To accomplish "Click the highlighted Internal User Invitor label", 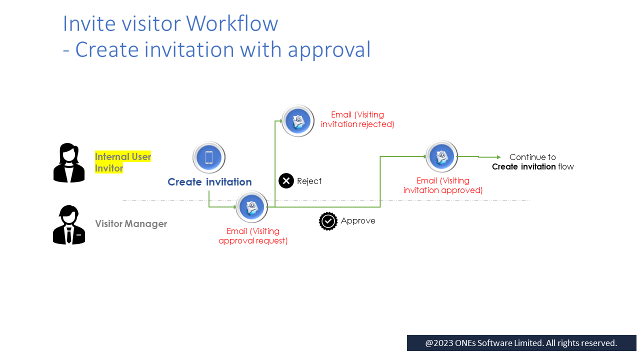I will (x=123, y=162).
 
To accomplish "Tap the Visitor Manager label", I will (x=131, y=223).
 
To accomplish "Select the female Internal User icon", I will (x=69, y=163).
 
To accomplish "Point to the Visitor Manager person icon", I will (x=69, y=224).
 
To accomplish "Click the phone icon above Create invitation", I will (x=209, y=157).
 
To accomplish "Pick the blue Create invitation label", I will (x=209, y=182).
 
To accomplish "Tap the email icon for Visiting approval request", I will (x=251, y=207).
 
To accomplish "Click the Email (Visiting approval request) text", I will (x=253, y=236).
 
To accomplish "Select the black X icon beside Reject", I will (x=286, y=181).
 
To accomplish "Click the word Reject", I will (x=309, y=181).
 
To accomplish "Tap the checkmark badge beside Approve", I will (x=328, y=221).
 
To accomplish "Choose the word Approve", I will (x=358, y=221).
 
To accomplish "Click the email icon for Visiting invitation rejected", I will (x=298, y=121).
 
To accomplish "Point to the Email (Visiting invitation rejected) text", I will (x=357, y=119).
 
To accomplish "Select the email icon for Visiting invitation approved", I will (x=441, y=156).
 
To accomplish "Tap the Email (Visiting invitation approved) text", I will (x=443, y=185).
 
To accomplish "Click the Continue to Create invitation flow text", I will (x=532, y=162).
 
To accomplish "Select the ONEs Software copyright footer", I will (x=521, y=343).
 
